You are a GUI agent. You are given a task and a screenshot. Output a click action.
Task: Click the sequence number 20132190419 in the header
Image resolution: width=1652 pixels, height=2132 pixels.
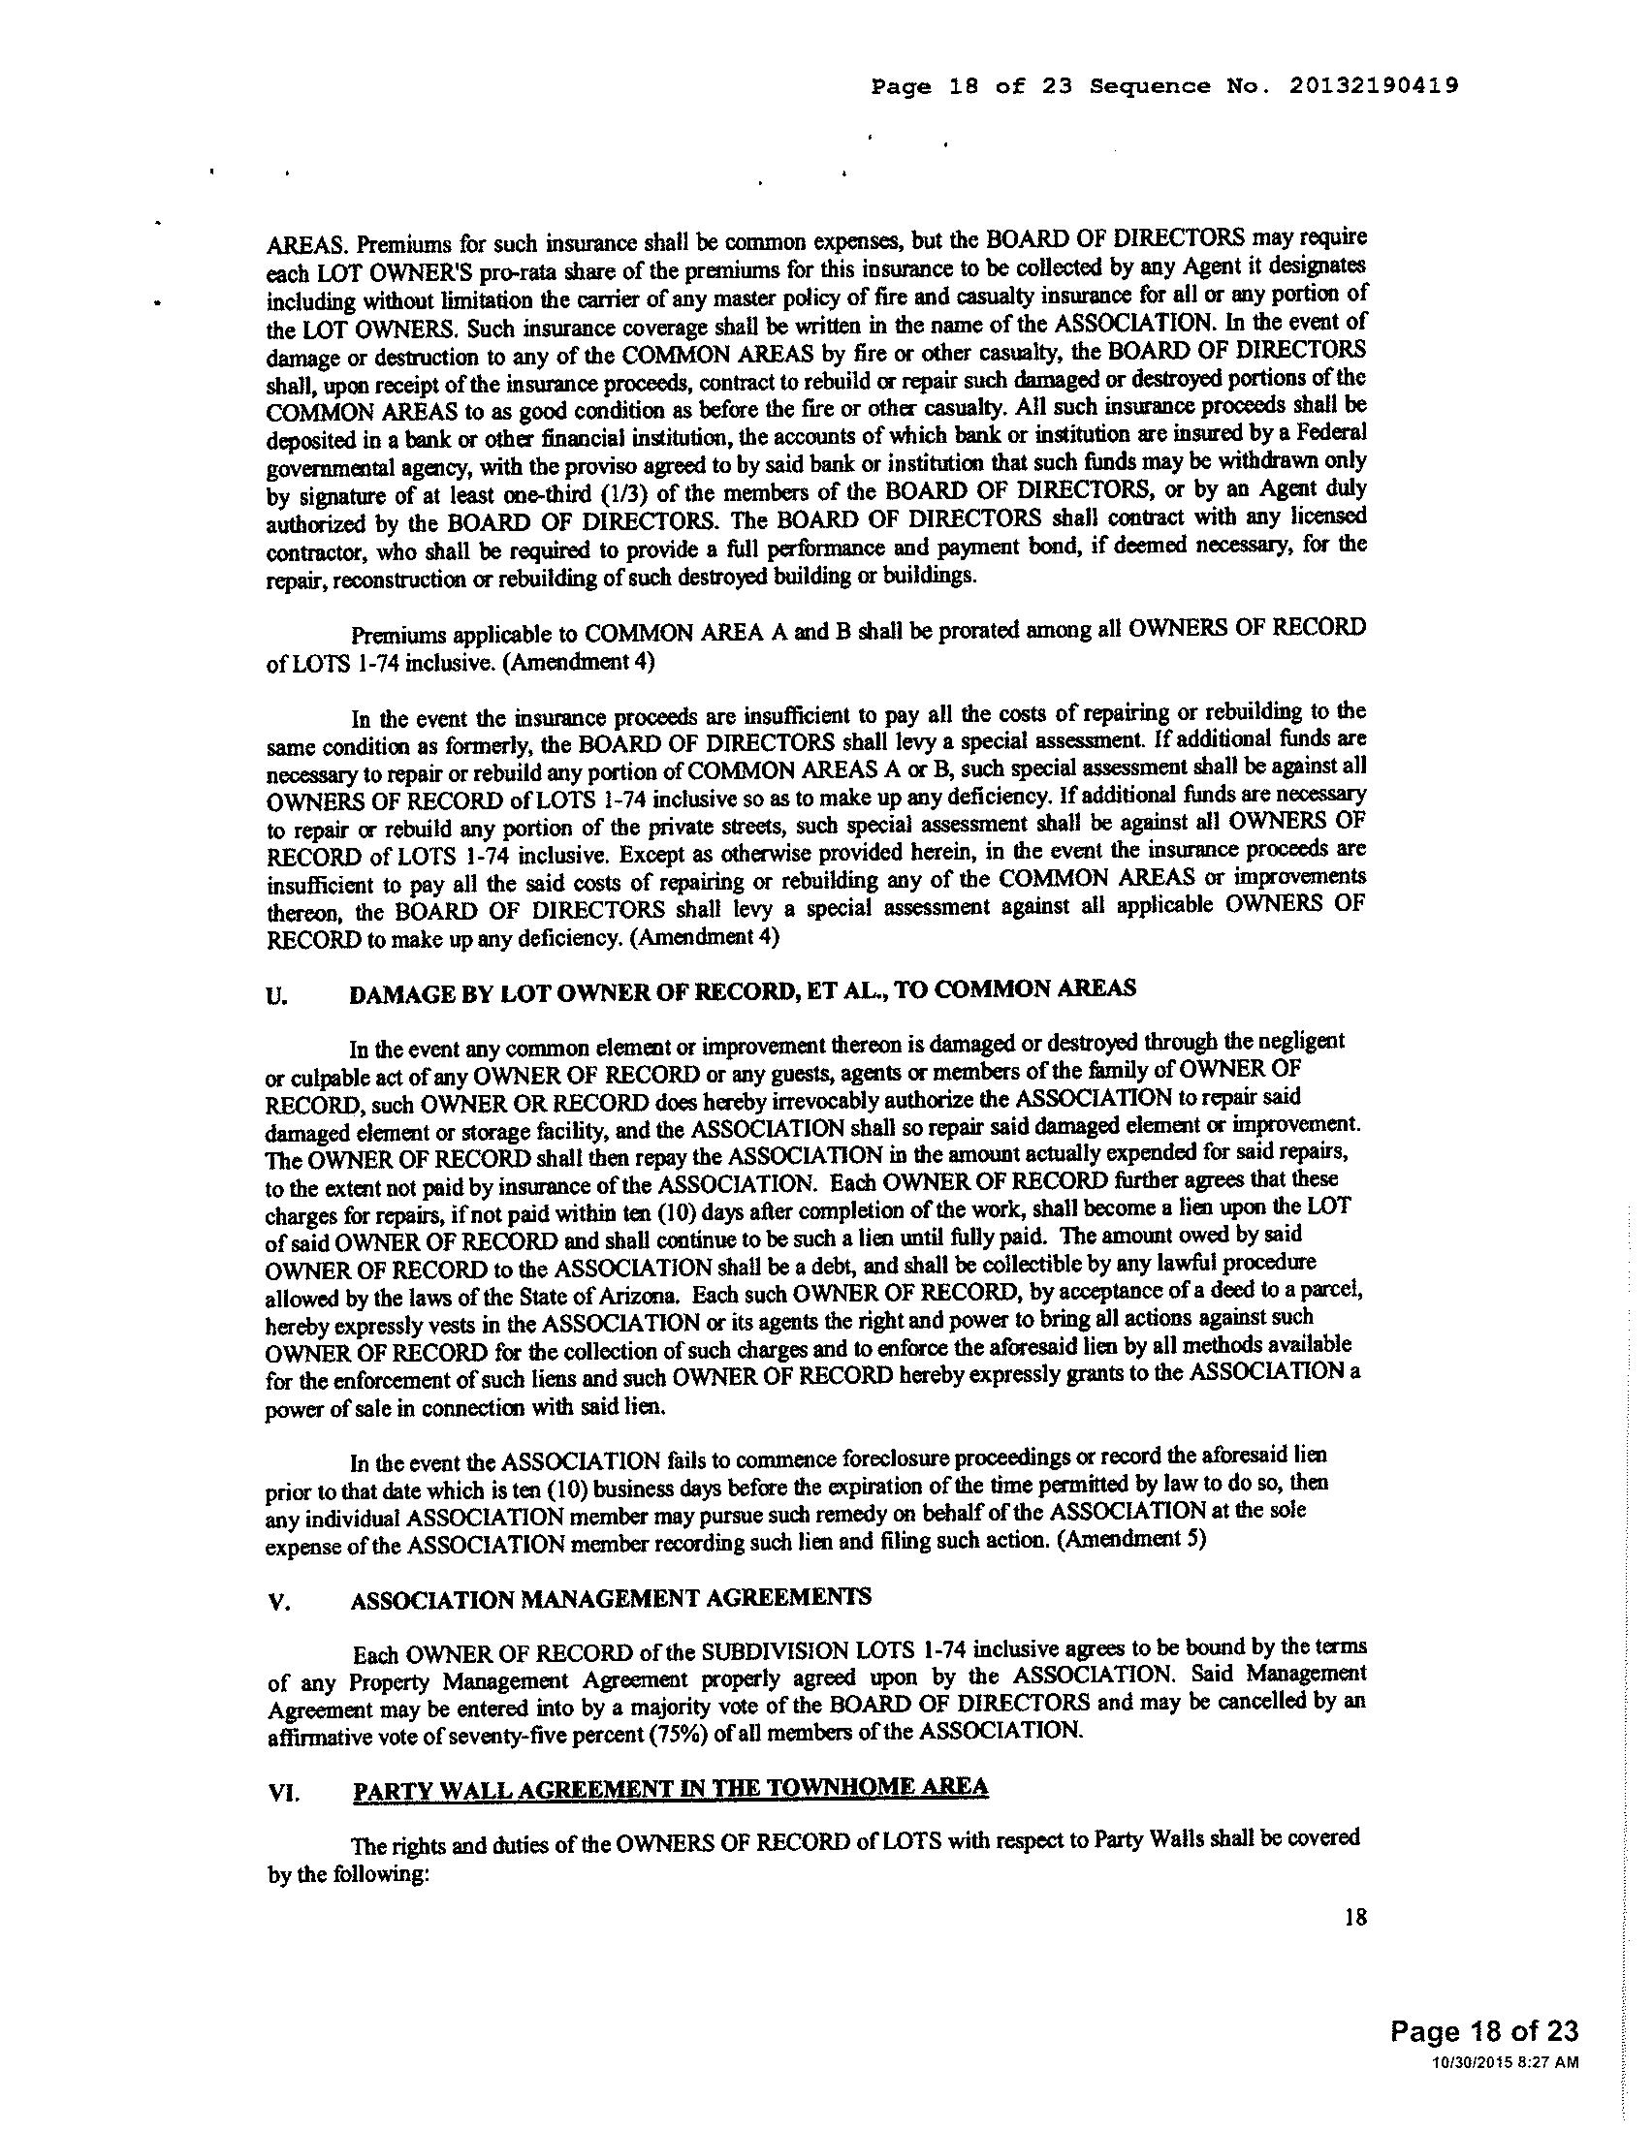point(1375,86)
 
